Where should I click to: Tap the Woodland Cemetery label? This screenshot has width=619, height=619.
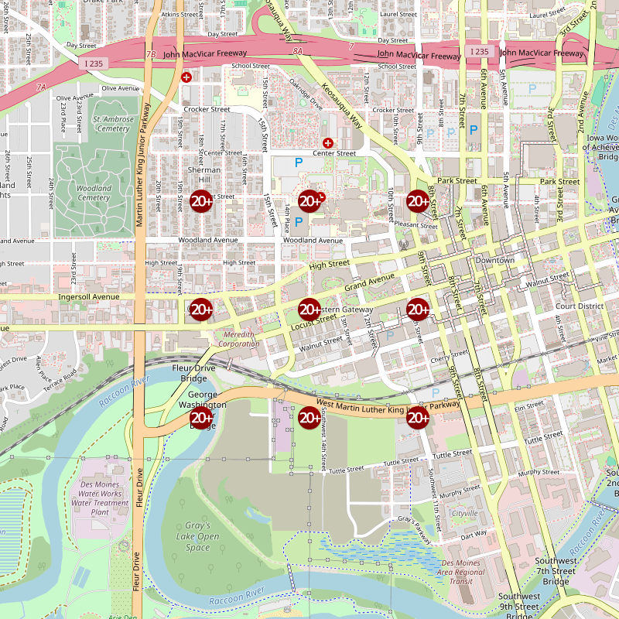tap(94, 193)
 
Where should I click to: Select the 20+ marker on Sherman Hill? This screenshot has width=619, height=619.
tap(201, 201)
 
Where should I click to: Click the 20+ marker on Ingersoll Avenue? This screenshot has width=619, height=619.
tap(201, 309)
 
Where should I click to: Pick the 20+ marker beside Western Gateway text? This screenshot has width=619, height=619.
tap(309, 309)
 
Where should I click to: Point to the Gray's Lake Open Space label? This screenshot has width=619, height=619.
tap(197, 537)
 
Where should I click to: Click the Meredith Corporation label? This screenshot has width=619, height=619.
tap(239, 339)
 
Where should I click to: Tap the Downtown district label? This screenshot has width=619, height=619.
tap(494, 260)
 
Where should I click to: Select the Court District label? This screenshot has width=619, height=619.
tap(579, 306)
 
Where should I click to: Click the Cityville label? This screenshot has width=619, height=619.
tap(465, 514)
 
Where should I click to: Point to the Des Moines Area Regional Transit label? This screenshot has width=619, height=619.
tap(460, 572)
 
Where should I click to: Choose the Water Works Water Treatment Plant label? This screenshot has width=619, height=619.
tap(100, 503)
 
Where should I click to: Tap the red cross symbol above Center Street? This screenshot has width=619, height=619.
tap(328, 143)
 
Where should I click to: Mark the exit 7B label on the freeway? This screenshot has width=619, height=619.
tap(150, 54)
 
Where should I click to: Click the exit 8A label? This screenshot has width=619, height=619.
tap(299, 50)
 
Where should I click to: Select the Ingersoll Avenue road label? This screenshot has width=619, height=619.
tap(88, 296)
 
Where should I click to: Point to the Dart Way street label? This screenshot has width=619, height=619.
tap(474, 534)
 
